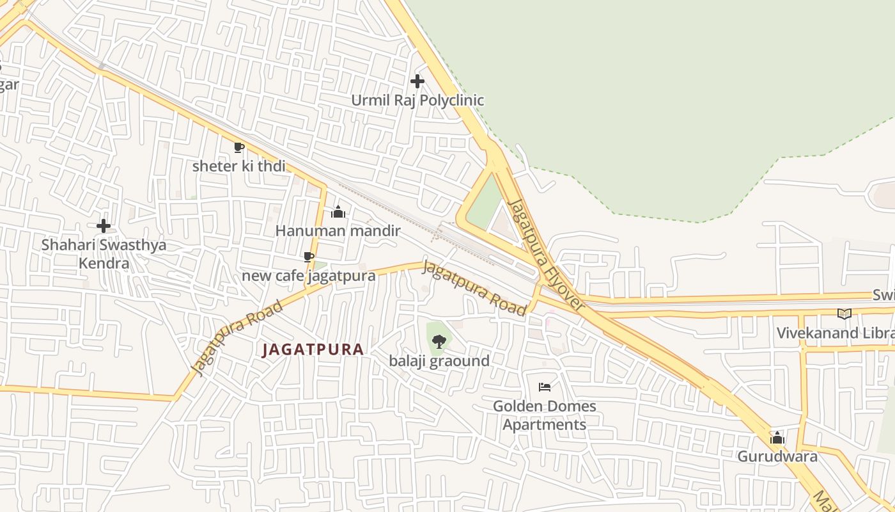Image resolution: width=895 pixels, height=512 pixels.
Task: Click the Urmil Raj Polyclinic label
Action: [417, 100]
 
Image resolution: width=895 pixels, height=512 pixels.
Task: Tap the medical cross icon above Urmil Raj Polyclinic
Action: [417, 81]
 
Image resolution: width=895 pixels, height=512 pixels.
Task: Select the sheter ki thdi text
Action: [238, 166]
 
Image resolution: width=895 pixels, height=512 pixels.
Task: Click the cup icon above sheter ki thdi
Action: [239, 148]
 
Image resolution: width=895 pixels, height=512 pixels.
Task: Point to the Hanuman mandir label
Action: [338, 230]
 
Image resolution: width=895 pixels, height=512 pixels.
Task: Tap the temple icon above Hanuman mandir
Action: [338, 212]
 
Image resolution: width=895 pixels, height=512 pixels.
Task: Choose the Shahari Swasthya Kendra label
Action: [104, 253]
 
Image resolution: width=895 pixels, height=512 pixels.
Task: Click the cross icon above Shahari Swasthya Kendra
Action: [104, 226]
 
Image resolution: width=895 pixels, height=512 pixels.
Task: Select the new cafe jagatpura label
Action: [308, 276]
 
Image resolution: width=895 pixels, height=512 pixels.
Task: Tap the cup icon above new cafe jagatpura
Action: [309, 257]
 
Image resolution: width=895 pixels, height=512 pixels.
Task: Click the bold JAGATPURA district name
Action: [313, 349]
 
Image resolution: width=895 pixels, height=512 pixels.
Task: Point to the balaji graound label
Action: [439, 361]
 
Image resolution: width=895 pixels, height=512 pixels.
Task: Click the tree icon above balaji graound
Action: [439, 342]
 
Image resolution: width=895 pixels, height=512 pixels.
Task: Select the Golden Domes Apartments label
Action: [544, 415]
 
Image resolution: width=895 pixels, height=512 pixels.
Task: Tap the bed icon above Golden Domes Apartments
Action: [545, 387]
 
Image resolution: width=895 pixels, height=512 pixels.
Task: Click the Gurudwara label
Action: [777, 456]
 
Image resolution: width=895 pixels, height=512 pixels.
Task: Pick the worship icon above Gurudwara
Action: [777, 438]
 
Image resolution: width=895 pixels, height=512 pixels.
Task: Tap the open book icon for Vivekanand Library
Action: [844, 314]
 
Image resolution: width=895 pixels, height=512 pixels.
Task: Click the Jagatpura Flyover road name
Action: [546, 255]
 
